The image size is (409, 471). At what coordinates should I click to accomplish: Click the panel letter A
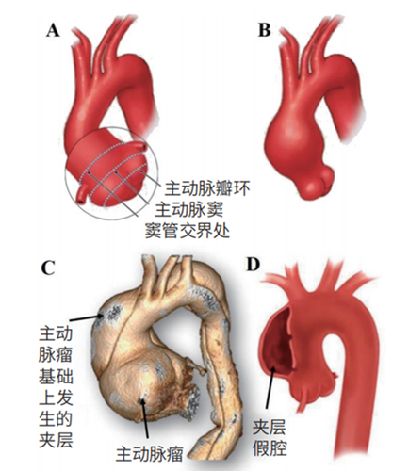(54, 30)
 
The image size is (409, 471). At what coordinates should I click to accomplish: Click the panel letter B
(264, 30)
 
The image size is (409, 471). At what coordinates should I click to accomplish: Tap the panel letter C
(48, 268)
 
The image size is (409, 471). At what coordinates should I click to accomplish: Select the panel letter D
(254, 265)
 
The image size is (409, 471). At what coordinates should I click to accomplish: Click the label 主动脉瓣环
(207, 188)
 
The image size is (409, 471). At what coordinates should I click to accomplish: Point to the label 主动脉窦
(189, 209)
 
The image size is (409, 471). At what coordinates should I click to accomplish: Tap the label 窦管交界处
(188, 231)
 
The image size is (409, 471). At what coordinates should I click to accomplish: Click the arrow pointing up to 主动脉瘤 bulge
(146, 417)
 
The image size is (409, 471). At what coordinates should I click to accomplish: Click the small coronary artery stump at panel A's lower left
(82, 194)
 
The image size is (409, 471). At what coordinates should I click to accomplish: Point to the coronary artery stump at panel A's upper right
(138, 146)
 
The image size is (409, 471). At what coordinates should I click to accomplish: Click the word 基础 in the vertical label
(56, 376)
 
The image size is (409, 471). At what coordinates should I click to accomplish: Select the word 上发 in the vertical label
(56, 398)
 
